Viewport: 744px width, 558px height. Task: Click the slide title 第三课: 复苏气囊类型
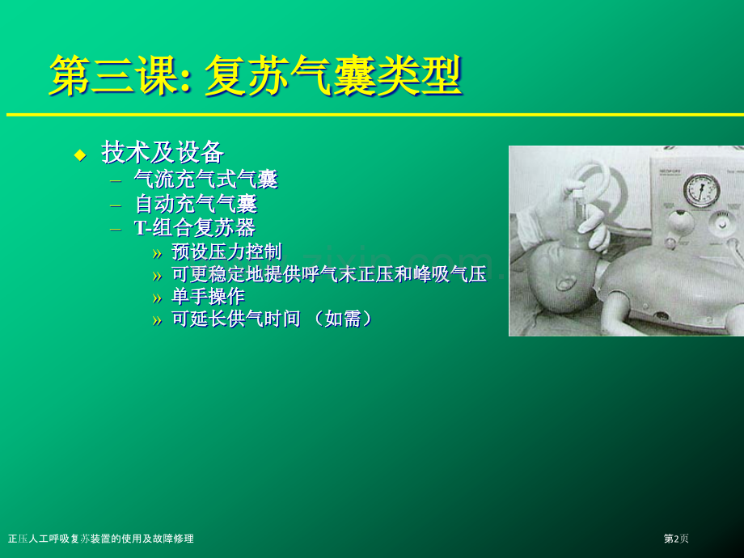click(x=256, y=76)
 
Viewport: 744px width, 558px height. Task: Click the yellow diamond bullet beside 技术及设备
click(x=81, y=154)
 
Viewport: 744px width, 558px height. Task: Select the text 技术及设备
click(x=163, y=152)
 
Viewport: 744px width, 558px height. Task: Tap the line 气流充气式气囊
click(x=206, y=180)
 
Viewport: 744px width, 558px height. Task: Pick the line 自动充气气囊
click(x=196, y=204)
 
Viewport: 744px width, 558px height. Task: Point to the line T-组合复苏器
click(x=195, y=228)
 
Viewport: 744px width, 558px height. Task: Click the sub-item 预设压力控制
click(x=226, y=252)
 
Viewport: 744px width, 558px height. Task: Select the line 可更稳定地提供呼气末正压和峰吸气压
click(x=329, y=274)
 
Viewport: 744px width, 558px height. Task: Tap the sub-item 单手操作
click(x=209, y=296)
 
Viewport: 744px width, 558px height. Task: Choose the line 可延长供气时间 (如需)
click(x=273, y=319)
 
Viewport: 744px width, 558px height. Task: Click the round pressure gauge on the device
click(x=701, y=191)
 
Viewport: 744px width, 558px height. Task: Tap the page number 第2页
click(x=676, y=539)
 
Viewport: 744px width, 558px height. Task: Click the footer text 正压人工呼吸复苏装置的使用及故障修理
click(x=101, y=539)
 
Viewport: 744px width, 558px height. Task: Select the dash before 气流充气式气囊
click(x=116, y=181)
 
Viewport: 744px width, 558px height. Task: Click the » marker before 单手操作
click(x=157, y=298)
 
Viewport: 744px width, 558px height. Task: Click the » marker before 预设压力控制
click(x=157, y=254)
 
